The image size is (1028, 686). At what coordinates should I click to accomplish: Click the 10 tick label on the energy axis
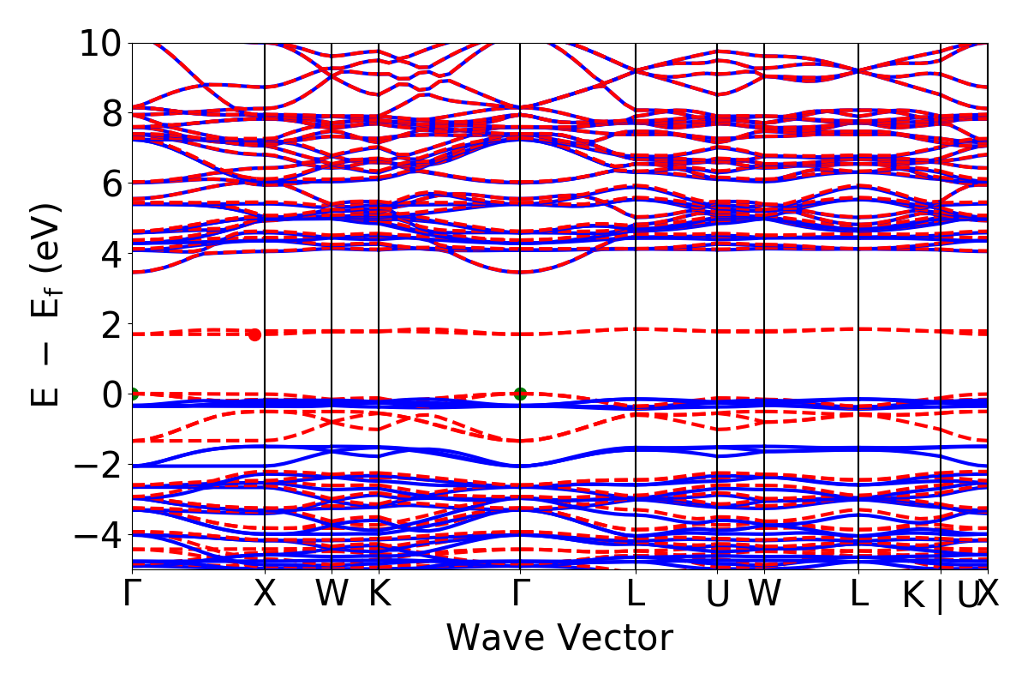click(99, 43)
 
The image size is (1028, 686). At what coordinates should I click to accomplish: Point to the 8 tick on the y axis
click(111, 113)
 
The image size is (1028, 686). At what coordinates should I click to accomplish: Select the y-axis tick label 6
click(111, 184)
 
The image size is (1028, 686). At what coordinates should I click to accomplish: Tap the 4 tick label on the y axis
click(111, 254)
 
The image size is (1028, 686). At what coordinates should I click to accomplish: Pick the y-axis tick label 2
click(111, 324)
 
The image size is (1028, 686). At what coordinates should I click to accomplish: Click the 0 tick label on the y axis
click(111, 394)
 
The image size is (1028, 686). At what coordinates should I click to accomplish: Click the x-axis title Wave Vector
click(559, 639)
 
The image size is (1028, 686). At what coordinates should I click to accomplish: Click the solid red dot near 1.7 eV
click(254, 334)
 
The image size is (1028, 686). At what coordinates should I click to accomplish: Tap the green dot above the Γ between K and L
click(520, 394)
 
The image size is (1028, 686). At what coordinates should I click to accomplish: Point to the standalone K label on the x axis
click(380, 594)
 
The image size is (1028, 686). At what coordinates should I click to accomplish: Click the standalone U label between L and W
click(717, 594)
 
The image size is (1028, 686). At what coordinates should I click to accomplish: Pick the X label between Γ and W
click(265, 594)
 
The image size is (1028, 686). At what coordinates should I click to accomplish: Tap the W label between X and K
click(332, 594)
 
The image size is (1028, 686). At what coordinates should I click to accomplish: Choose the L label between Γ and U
click(636, 594)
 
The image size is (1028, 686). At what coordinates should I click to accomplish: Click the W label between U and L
click(764, 594)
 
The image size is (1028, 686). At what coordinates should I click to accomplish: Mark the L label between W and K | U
click(858, 594)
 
